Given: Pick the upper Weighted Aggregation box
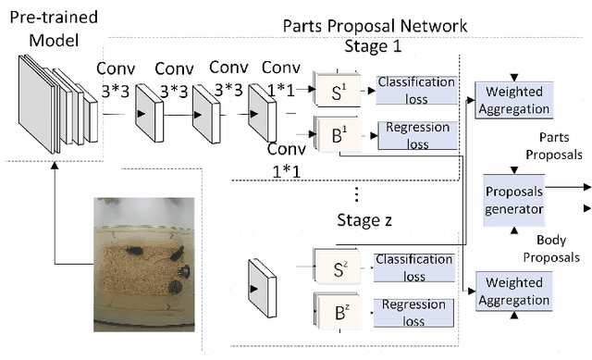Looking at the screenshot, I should (x=512, y=100).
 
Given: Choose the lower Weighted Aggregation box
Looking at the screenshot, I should (x=512, y=292).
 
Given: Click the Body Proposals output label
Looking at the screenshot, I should (x=546, y=245).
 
